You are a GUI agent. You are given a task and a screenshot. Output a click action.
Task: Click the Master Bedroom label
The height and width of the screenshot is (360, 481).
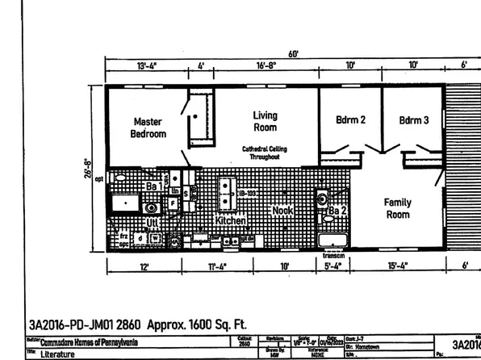148,128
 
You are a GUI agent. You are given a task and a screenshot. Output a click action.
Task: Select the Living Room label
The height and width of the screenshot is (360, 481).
265,122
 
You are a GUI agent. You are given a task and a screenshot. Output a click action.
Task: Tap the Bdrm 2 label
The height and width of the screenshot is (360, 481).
350,120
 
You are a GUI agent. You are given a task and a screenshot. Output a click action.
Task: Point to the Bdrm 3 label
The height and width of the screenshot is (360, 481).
413,120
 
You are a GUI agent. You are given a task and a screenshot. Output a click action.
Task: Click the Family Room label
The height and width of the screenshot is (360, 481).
397,209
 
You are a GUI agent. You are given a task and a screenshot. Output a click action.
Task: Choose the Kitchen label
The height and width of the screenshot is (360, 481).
230,220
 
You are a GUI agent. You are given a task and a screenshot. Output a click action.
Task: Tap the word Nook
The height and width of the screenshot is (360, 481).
282,211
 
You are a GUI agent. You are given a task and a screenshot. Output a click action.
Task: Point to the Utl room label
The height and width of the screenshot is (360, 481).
152,222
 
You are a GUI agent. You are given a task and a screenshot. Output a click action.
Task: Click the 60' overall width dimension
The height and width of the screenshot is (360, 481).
292,54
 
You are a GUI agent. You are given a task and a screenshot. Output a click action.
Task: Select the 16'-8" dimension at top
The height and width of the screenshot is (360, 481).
269,65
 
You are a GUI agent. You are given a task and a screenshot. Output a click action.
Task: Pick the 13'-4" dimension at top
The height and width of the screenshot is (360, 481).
147,65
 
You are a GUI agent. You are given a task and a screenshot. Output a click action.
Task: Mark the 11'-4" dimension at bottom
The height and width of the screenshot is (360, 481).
219,266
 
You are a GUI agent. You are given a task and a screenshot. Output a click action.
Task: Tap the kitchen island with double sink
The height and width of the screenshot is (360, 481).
226,194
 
